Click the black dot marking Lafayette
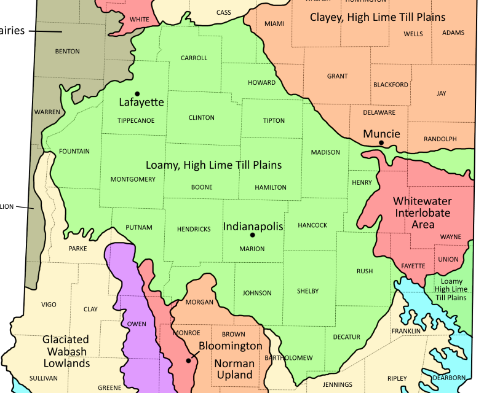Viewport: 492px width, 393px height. pyautogui.click(x=137, y=94)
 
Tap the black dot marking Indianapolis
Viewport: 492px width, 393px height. pyautogui.click(x=252, y=235)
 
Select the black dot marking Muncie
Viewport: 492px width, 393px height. pyautogui.click(x=381, y=143)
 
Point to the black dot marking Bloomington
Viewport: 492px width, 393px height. pyautogui.click(x=188, y=360)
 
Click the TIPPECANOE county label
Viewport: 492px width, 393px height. pyautogui.click(x=136, y=120)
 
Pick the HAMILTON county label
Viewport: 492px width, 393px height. pyautogui.click(x=271, y=187)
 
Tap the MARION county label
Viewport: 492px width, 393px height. pyautogui.click(x=252, y=249)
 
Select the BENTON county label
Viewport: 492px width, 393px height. pyautogui.click(x=68, y=51)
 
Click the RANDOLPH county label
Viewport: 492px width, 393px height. pyautogui.click(x=440, y=139)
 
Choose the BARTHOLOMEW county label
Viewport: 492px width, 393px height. pyautogui.click(x=288, y=357)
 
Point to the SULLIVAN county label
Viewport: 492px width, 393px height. pyautogui.click(x=44, y=378)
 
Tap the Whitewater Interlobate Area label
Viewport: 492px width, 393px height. pyautogui.click(x=423, y=213)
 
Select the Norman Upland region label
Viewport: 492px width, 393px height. pyautogui.click(x=234, y=369)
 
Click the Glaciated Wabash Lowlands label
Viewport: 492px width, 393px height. pyautogui.click(x=65, y=351)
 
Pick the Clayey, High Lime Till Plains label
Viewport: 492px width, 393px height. pyautogui.click(x=378, y=17)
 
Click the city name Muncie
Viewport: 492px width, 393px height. pyautogui.click(x=381, y=133)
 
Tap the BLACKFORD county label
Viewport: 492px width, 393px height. pyautogui.click(x=391, y=85)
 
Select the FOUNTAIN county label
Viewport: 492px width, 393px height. pyautogui.click(x=74, y=151)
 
